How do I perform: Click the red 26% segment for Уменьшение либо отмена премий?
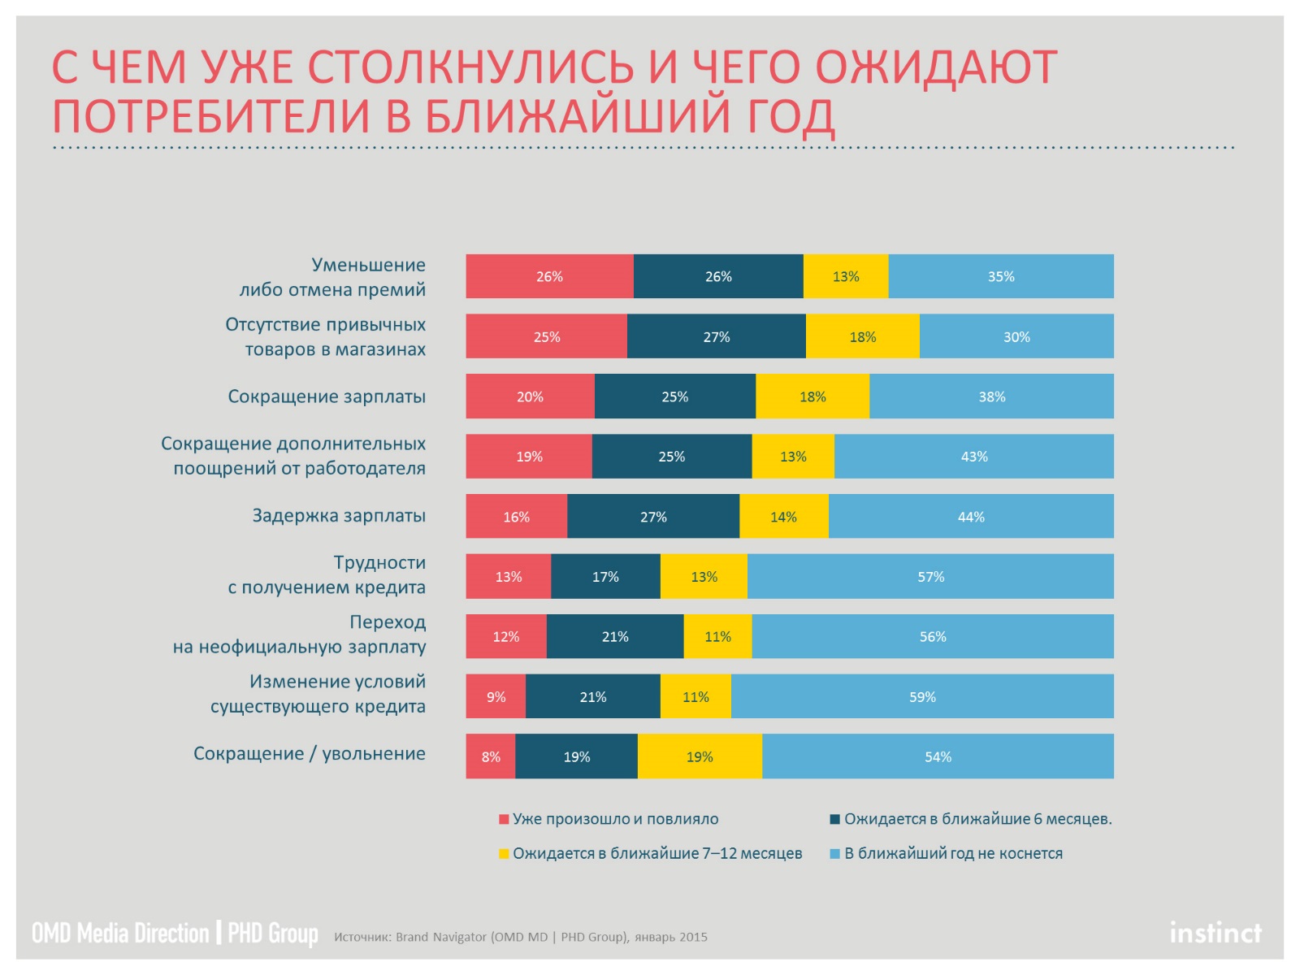coord(549,276)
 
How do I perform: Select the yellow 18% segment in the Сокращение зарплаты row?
coord(812,396)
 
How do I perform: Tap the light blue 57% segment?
coord(930,577)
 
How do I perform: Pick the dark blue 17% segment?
coord(605,577)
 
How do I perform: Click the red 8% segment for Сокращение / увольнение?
coord(491,756)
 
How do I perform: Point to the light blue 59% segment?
coord(922,696)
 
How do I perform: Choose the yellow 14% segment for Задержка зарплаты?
coord(784,517)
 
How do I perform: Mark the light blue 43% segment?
coord(973,457)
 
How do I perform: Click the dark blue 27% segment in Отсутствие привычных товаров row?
coord(717,336)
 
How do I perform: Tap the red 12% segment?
coord(505,636)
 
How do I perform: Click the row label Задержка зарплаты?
coord(339,516)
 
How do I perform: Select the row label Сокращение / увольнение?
coord(310,754)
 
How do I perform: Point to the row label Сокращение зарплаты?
coord(327,396)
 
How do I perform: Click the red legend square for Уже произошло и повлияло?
coord(504,819)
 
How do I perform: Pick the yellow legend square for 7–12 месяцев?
coord(504,854)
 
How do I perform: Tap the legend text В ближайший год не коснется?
coord(953,854)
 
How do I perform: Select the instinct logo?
coord(1215,933)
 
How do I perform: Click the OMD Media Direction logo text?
coord(120,933)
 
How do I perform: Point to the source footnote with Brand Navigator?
coord(521,937)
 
